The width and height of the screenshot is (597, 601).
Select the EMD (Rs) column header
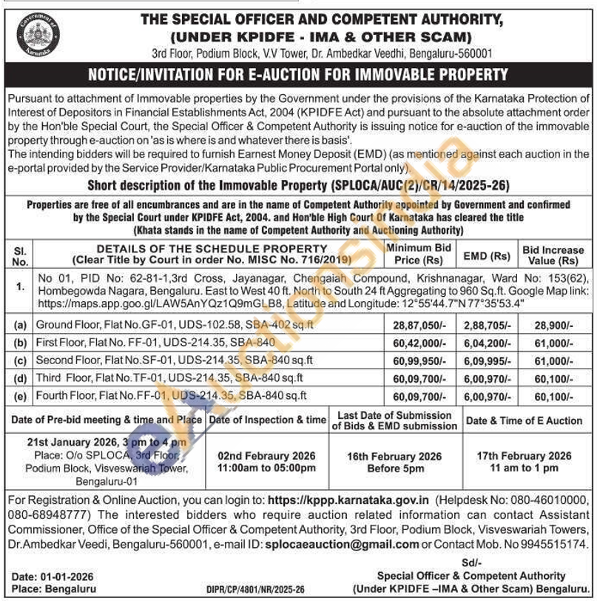(x=486, y=256)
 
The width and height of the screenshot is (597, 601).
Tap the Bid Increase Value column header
(x=553, y=255)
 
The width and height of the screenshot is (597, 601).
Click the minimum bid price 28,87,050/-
(x=418, y=326)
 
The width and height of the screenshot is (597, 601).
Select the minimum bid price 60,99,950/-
(x=418, y=361)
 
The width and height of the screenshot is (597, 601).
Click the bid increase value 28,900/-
(x=553, y=326)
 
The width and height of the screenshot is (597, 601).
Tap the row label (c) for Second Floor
(x=20, y=361)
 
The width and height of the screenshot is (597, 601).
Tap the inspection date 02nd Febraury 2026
(x=267, y=456)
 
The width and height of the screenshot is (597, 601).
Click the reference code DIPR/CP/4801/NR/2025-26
(x=256, y=590)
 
